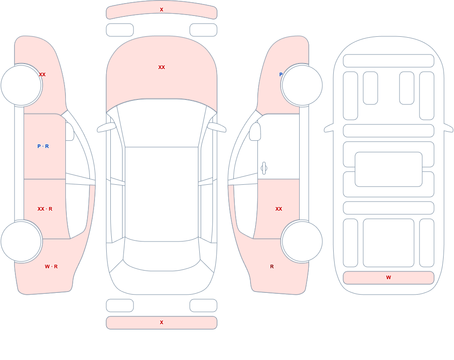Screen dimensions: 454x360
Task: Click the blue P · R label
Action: coord(43,146)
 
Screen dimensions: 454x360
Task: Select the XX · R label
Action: coord(45,209)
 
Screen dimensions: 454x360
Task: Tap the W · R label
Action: coord(51,266)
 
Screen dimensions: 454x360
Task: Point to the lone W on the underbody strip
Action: coord(389,277)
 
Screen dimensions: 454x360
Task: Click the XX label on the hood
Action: coord(162,67)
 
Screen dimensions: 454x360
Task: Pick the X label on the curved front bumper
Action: coord(162,10)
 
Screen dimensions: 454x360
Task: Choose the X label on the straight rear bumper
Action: coord(162,322)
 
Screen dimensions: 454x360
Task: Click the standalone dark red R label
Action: coord(272,266)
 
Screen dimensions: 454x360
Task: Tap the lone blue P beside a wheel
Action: coord(281,74)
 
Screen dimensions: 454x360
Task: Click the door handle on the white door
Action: coord(264,168)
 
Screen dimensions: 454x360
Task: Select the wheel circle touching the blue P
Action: coord(302,85)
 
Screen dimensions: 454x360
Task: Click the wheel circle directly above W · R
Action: coord(21,241)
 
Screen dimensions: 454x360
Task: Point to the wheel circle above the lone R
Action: coord(302,241)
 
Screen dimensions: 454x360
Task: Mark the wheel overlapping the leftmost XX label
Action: coord(21,85)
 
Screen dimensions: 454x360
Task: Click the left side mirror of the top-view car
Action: coord(106,128)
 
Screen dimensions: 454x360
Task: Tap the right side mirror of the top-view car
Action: coord(217,128)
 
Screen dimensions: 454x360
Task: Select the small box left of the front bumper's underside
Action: coord(120,30)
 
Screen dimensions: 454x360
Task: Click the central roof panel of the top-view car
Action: coord(162,193)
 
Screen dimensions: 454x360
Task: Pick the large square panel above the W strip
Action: coord(389,243)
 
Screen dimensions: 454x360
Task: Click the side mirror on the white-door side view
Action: coord(255,132)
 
